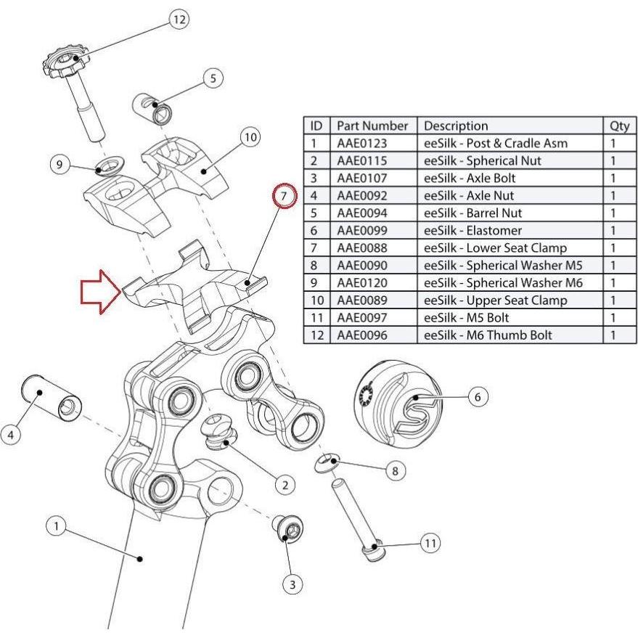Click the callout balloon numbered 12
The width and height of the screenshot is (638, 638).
pyautogui.click(x=179, y=19)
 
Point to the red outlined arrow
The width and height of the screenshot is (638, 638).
pyautogui.click(x=99, y=292)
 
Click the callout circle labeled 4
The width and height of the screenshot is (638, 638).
pyautogui.click(x=11, y=434)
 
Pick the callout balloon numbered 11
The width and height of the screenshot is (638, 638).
pyautogui.click(x=431, y=542)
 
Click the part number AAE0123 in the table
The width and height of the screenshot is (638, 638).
pyautogui.click(x=361, y=143)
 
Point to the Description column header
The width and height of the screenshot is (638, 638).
pyautogui.click(x=456, y=126)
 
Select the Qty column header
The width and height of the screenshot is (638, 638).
pyautogui.click(x=619, y=126)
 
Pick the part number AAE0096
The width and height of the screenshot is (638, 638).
pyautogui.click(x=361, y=335)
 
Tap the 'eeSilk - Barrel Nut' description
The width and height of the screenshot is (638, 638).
pyautogui.click(x=473, y=213)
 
